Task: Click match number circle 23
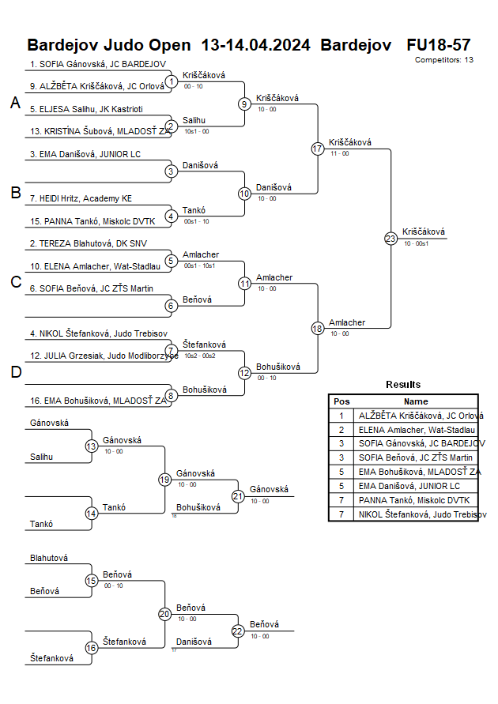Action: pos(390,238)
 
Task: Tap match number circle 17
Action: pos(318,149)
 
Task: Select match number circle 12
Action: pos(244,372)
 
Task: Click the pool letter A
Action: pos(15,103)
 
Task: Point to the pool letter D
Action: pos(15,372)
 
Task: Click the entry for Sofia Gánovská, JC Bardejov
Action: pos(97,64)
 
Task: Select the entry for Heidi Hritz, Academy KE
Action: pos(81,198)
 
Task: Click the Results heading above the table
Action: pos(403,384)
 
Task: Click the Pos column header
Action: pos(341,401)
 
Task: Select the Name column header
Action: pos(416,401)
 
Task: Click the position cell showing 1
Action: pos(341,415)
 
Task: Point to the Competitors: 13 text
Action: pos(444,59)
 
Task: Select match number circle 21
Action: pos(238,495)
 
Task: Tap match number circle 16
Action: pos(91,648)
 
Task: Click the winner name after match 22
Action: pos(260,624)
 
